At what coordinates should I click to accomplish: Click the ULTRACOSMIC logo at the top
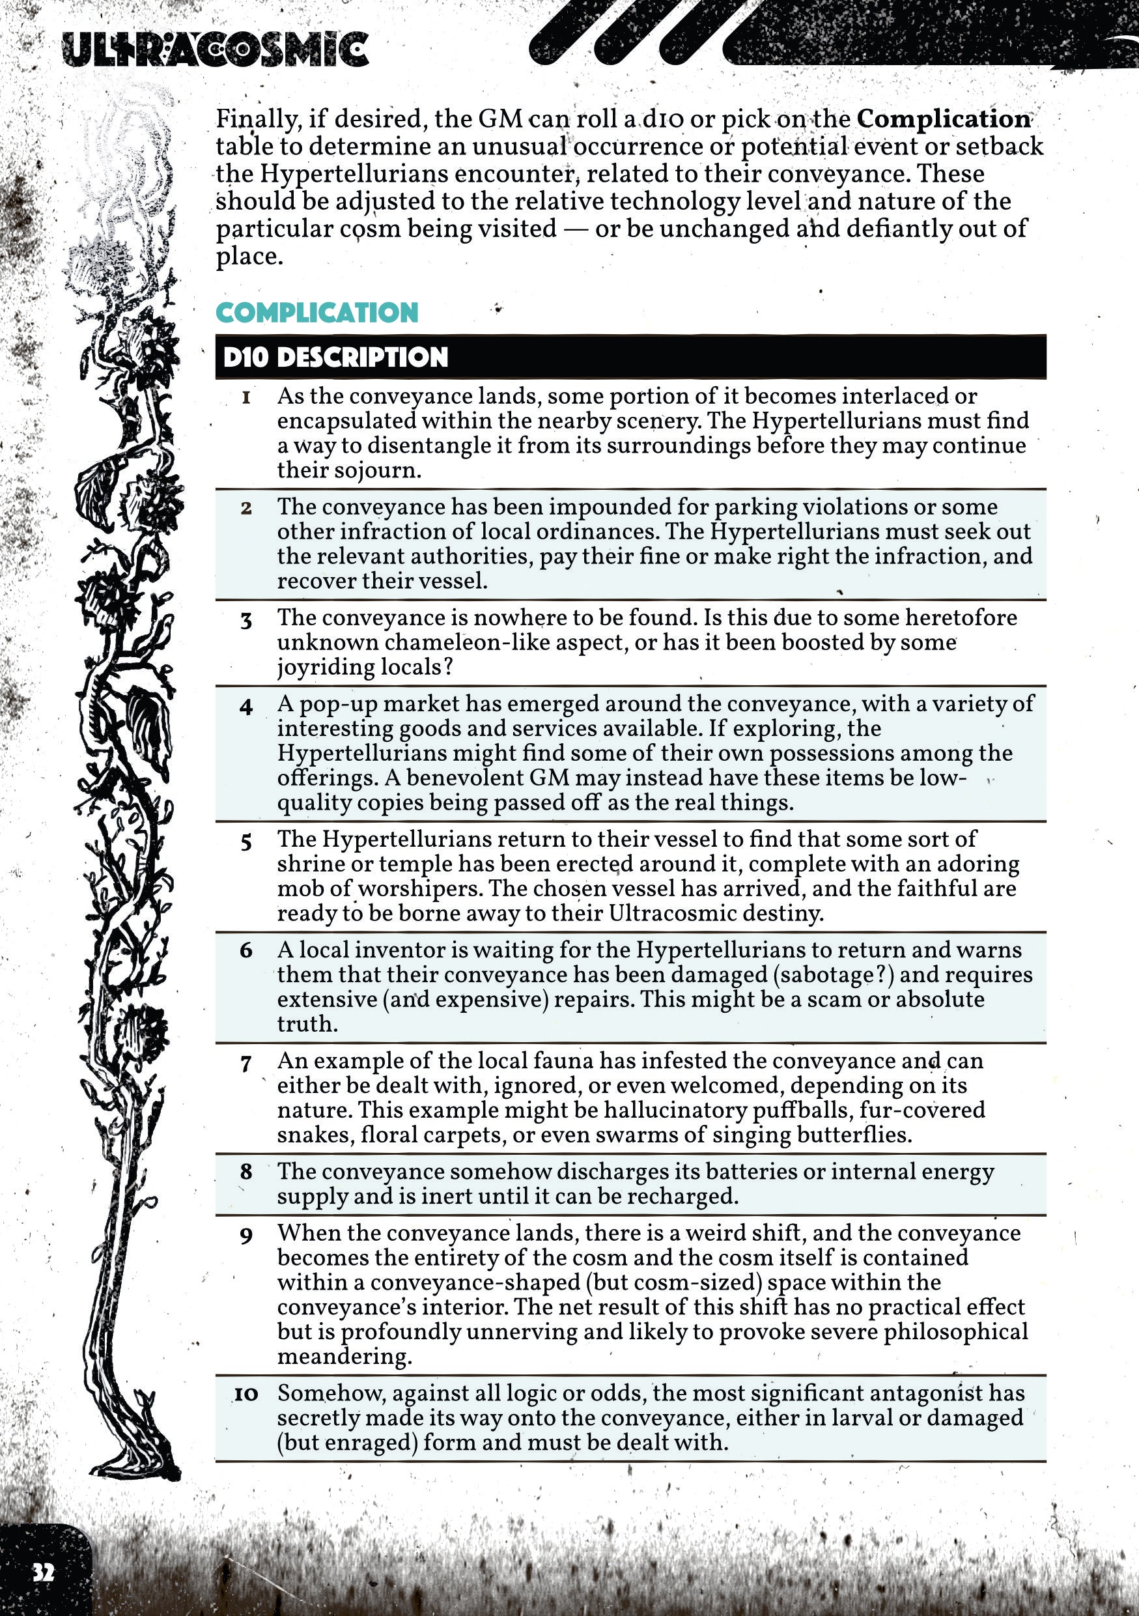(x=214, y=50)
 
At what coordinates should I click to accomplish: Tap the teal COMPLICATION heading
(x=316, y=313)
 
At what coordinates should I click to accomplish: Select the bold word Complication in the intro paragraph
(x=944, y=119)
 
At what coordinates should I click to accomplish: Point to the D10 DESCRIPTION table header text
(x=335, y=358)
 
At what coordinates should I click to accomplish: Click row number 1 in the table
(x=246, y=398)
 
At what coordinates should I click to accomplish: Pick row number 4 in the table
(x=246, y=706)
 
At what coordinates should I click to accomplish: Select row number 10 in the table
(x=246, y=1394)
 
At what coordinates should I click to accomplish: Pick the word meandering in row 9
(x=344, y=1356)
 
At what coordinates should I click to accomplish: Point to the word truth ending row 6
(x=307, y=1024)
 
